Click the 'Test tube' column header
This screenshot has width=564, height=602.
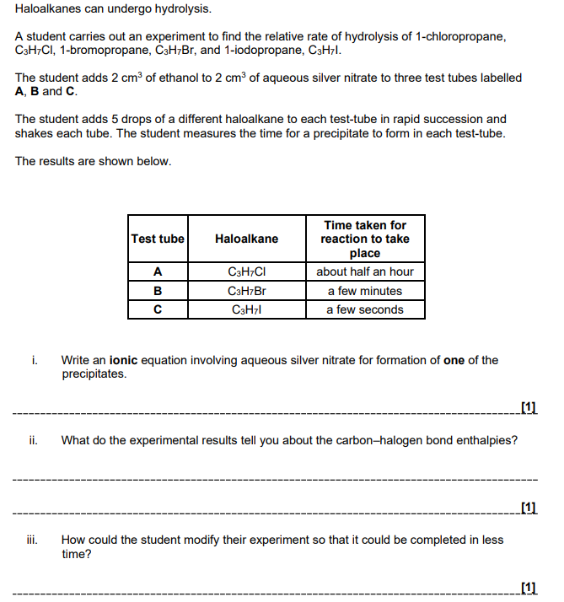(x=158, y=239)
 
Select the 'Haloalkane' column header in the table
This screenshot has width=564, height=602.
(x=246, y=239)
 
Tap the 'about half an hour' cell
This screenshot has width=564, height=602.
(x=365, y=271)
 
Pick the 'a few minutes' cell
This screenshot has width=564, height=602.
(x=365, y=291)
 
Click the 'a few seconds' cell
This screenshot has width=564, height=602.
(x=365, y=309)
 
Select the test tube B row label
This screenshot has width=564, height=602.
(x=158, y=291)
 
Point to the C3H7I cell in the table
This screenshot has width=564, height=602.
(x=246, y=309)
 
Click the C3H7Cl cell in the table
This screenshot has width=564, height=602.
(x=246, y=271)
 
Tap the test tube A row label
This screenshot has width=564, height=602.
(x=158, y=271)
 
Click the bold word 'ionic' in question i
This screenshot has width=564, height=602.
(x=126, y=360)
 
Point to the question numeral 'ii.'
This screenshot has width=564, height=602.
(x=32, y=440)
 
